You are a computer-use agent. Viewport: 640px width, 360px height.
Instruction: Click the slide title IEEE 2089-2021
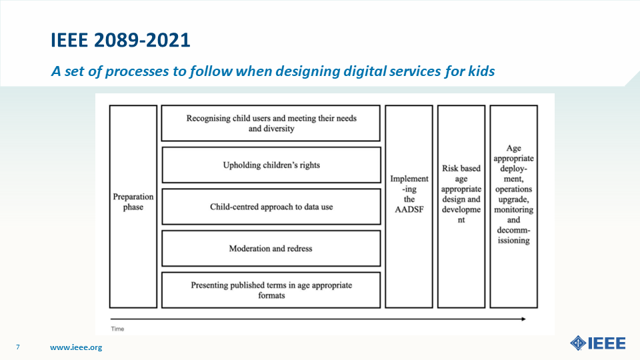tap(121, 40)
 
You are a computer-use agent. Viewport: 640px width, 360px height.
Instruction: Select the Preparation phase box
tap(133, 207)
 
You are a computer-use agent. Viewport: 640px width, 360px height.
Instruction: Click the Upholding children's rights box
tap(271, 165)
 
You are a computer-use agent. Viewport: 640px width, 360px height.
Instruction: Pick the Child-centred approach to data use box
tap(271, 207)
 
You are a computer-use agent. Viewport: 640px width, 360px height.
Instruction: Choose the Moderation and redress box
tap(271, 248)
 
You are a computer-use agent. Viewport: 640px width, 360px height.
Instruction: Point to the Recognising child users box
tap(271, 123)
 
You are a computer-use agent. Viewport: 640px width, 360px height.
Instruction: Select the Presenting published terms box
tap(271, 290)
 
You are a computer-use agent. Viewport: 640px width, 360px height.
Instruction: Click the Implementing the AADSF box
tap(409, 207)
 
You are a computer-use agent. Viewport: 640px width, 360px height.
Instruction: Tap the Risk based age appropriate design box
tap(461, 207)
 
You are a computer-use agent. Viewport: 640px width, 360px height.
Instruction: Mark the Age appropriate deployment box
tap(513, 207)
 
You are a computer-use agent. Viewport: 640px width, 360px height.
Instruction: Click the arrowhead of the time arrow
tap(524, 319)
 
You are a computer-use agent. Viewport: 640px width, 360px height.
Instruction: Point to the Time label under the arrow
tap(117, 329)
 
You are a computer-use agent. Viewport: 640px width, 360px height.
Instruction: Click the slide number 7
tap(17, 347)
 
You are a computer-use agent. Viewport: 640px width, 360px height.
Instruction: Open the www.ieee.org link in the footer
tap(76, 347)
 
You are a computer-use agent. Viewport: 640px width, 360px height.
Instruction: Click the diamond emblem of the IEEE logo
tap(578, 343)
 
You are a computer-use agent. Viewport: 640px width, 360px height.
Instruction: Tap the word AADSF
tap(409, 209)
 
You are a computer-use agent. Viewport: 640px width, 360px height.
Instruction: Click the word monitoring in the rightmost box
tap(513, 209)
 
